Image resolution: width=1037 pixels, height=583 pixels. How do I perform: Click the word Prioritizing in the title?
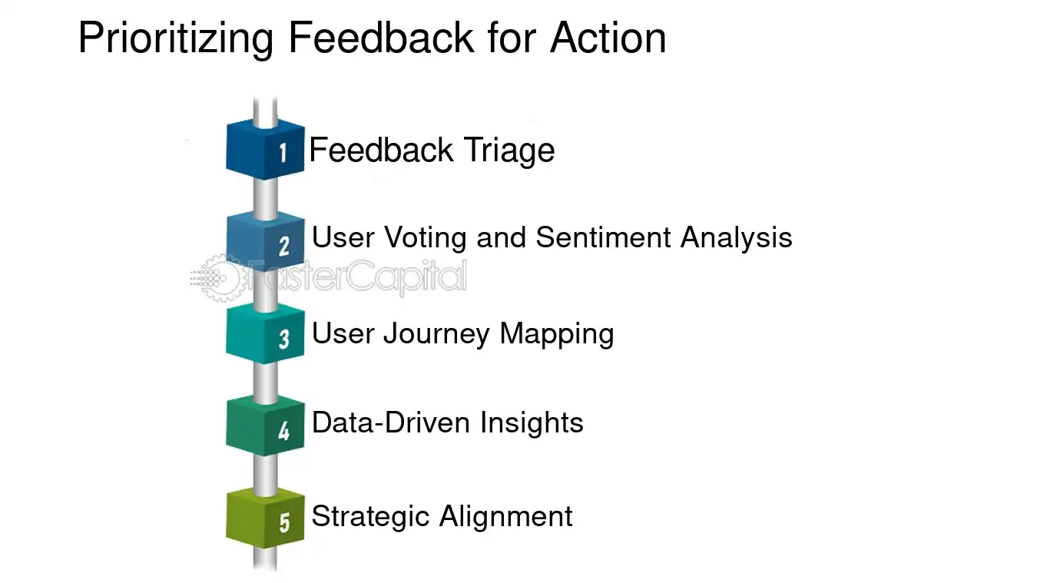[x=176, y=38]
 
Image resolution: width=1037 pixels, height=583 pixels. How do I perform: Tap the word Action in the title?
[x=608, y=38]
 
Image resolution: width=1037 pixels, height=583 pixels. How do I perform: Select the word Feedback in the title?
[x=382, y=38]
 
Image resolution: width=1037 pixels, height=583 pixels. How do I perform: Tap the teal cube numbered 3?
[x=265, y=334]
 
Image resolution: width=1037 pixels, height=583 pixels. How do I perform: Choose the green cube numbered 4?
[x=265, y=426]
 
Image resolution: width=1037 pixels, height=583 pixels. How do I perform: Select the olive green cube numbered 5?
[x=265, y=518]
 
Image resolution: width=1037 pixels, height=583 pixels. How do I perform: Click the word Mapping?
[x=556, y=334]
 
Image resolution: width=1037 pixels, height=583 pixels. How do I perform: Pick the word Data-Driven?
[x=392, y=422]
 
